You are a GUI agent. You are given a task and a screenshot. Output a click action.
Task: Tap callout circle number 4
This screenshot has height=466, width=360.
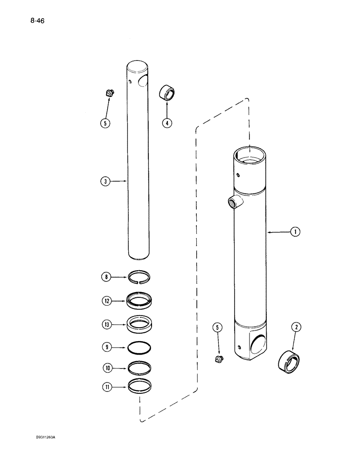(167, 123)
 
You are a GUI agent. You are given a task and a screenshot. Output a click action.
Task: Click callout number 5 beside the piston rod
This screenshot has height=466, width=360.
(107, 124)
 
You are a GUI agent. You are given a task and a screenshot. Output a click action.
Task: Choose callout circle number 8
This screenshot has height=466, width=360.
(107, 278)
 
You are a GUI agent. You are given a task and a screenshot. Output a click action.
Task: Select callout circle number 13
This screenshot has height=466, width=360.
(107, 324)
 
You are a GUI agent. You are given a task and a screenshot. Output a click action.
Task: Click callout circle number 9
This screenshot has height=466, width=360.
(107, 347)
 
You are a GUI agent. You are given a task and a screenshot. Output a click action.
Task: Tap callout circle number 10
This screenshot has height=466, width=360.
(107, 368)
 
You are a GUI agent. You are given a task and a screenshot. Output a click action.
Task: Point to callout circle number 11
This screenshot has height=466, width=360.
(107, 386)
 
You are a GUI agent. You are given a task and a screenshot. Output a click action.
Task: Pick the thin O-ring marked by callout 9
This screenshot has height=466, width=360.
(139, 347)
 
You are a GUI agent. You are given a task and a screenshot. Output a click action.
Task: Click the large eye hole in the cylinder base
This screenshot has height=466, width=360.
(261, 346)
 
